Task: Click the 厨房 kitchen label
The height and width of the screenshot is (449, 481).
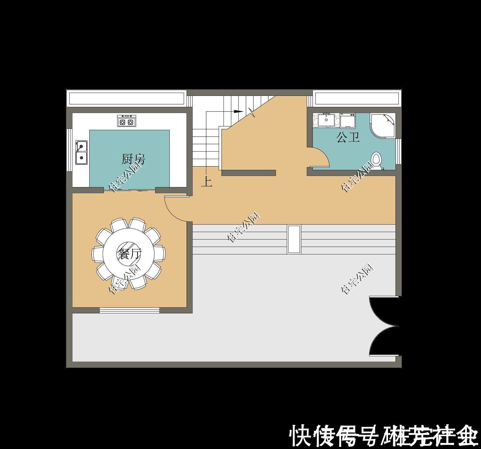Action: [x=133, y=159]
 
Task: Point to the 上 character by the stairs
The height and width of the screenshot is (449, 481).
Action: [x=206, y=182]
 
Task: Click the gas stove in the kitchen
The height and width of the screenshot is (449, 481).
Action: [x=126, y=121]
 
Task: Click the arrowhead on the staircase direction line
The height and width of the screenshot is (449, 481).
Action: [x=238, y=111]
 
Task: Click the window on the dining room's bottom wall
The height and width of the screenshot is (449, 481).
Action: [x=129, y=310]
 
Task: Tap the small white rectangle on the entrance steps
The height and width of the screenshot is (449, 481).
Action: [x=294, y=240]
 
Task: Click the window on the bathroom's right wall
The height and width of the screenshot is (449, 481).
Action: [x=398, y=151]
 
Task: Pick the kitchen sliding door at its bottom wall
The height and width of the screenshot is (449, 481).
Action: [x=130, y=190]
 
